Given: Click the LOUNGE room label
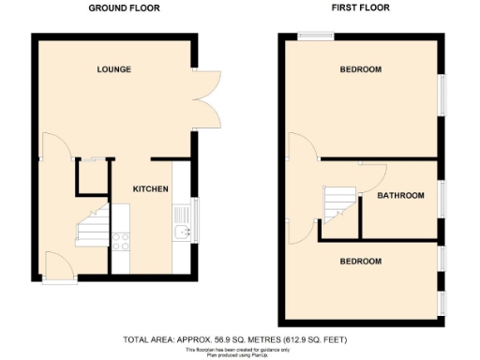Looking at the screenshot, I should click(113, 69).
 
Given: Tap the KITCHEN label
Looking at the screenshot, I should click(150, 188).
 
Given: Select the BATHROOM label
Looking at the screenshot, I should click(400, 196).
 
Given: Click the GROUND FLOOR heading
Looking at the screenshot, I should click(124, 7).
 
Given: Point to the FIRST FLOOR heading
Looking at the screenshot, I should click(360, 7).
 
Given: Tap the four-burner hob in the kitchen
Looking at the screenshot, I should click(121, 240).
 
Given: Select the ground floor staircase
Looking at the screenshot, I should click(92, 225).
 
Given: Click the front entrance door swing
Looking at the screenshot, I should click(56, 265).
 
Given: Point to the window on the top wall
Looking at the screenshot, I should click(308, 37).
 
